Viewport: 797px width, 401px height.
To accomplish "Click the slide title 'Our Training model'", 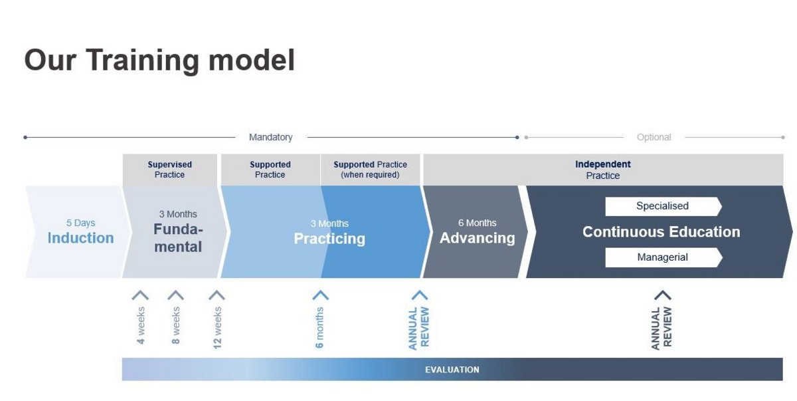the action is [159, 61].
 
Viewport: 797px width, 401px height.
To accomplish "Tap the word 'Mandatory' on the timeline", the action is [271, 137].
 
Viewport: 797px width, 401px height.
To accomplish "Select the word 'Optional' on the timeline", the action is [654, 137].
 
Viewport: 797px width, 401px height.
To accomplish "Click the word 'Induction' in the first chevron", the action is [81, 238].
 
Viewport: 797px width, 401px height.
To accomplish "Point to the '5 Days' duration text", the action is [81, 223].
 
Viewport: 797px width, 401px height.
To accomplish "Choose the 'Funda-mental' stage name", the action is [178, 238].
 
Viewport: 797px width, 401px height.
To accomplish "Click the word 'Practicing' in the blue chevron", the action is [329, 239].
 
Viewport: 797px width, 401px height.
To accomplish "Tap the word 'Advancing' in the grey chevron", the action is [477, 238].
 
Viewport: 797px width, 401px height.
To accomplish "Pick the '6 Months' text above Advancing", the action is [477, 223].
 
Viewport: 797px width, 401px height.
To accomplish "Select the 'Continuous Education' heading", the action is [661, 232].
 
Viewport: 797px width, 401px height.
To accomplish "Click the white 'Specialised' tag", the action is [664, 206].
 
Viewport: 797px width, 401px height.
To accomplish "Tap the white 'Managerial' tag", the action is [664, 257].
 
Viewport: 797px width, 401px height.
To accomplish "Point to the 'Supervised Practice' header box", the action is [170, 170].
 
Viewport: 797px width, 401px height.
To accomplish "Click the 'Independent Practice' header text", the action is [603, 170].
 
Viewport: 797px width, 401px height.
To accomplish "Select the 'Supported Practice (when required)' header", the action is [370, 170].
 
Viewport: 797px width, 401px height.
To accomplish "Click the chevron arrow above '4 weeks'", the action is [140, 295].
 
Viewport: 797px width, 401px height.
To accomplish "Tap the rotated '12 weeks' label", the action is [217, 328].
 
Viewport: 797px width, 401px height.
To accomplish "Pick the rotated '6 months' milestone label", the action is [319, 328].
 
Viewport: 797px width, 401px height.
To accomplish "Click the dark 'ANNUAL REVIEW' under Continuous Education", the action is [662, 329].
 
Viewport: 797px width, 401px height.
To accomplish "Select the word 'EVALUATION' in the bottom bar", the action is [452, 370].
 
